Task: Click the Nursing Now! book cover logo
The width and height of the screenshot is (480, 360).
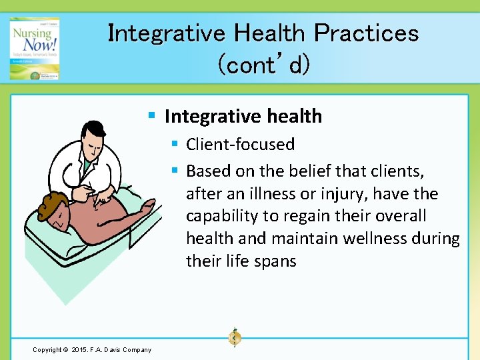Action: click(34, 49)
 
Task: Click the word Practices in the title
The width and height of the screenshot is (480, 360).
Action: click(366, 33)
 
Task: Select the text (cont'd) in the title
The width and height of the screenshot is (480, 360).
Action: click(263, 65)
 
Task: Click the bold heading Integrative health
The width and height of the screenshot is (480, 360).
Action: click(243, 117)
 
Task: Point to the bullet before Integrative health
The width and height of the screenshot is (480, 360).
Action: click(152, 117)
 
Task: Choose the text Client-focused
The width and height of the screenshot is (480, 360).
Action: click(240, 144)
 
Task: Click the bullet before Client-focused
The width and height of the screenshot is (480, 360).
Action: click(175, 144)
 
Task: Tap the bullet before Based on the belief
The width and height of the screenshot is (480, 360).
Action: click(175, 171)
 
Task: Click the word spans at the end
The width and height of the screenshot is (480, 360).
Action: click(274, 261)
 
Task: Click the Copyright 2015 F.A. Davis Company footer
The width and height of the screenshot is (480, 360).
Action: click(92, 350)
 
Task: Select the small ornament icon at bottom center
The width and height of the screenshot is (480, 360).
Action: click(234, 338)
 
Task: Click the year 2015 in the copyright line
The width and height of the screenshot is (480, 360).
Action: click(79, 350)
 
